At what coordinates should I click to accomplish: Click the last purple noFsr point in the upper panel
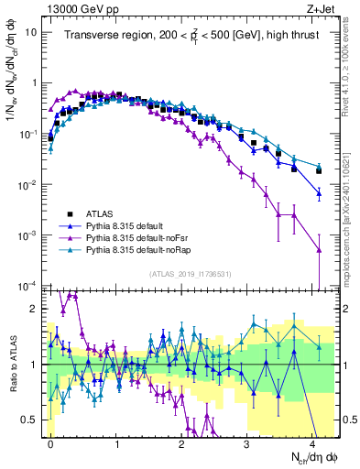click(319, 249)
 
